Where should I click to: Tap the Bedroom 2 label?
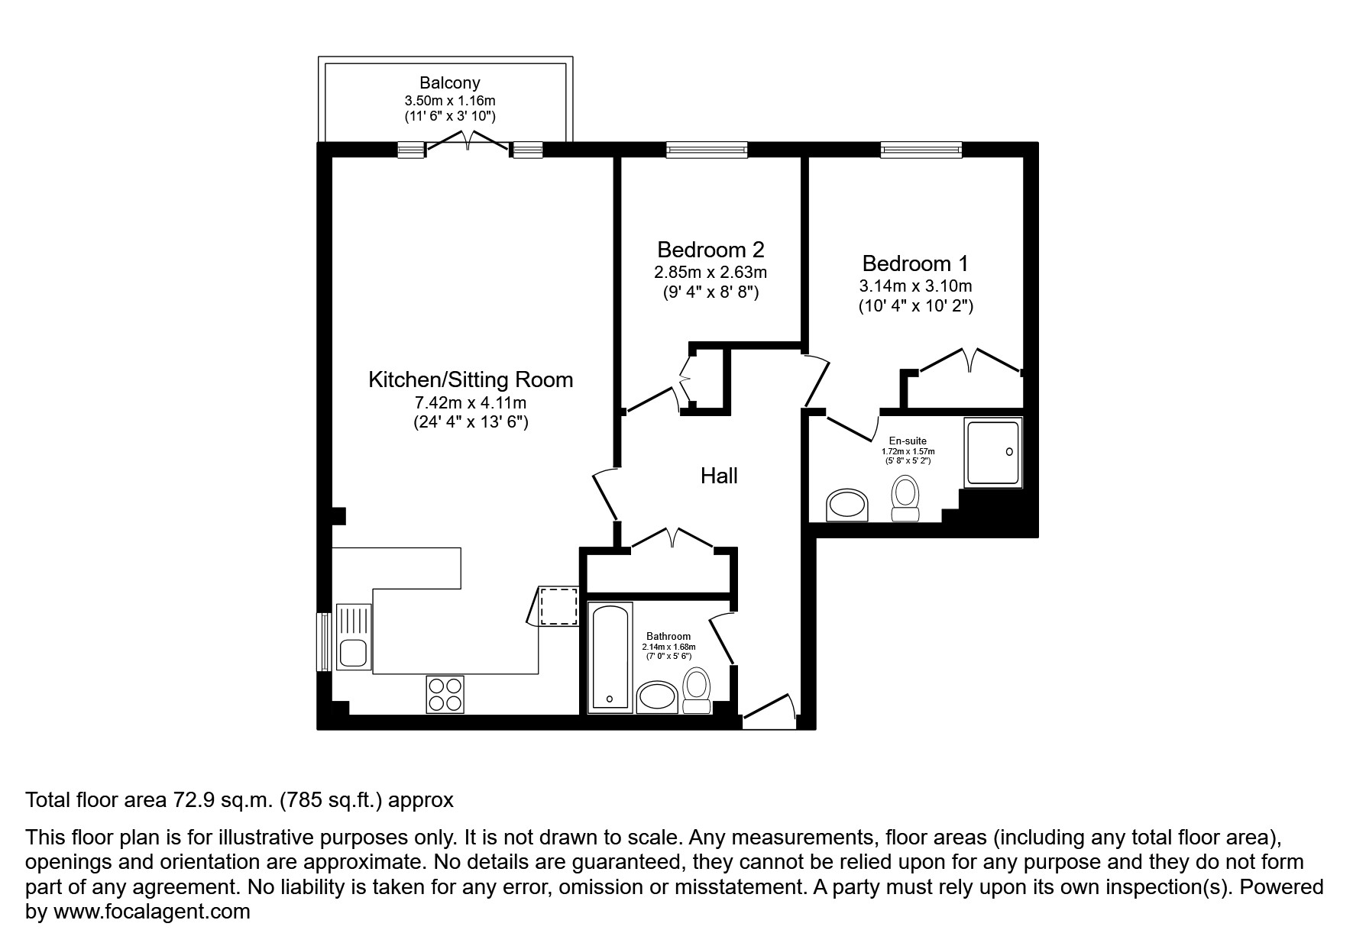pyautogui.click(x=710, y=250)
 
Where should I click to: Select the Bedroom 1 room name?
pyautogui.click(x=914, y=263)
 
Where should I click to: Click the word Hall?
pyautogui.click(x=719, y=476)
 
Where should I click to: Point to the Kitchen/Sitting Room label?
pyautogui.click(x=471, y=379)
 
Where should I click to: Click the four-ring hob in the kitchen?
pyautogui.click(x=445, y=694)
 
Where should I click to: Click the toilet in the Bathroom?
pyautogui.click(x=696, y=690)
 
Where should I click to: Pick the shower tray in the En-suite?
pyautogui.click(x=992, y=453)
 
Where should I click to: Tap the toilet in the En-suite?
pyautogui.click(x=906, y=497)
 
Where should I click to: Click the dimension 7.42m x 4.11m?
pyautogui.click(x=471, y=402)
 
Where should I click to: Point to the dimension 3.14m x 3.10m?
pyautogui.click(x=915, y=286)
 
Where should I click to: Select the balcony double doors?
pyautogui.click(x=468, y=144)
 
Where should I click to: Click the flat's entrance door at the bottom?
pyautogui.click(x=769, y=709)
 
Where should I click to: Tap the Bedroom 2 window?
pyautogui.click(x=706, y=150)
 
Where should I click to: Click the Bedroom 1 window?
pyautogui.click(x=921, y=150)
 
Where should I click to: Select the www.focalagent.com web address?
pyautogui.click(x=151, y=911)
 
